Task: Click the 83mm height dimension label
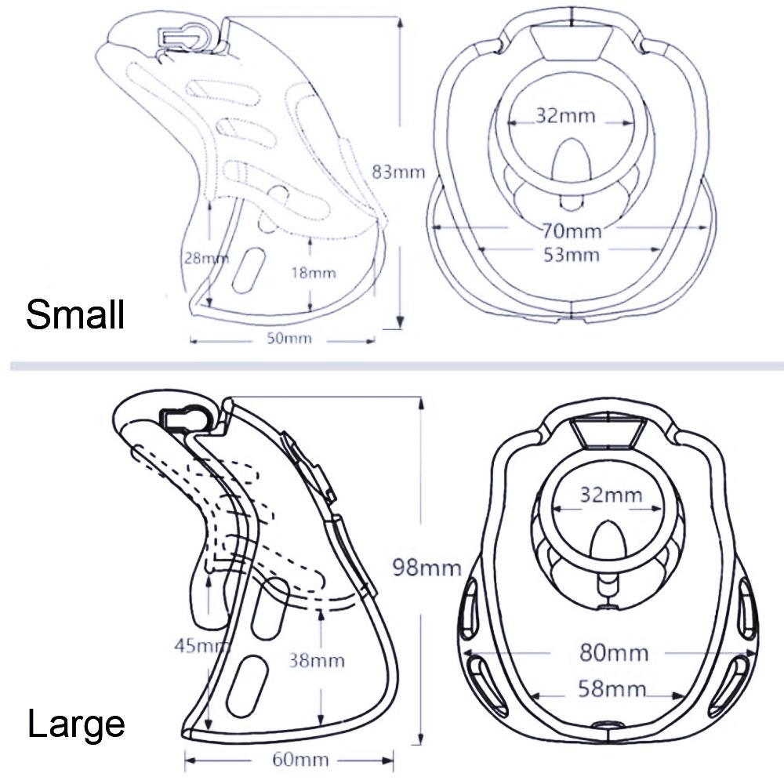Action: point(398,172)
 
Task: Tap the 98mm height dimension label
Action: point(426,568)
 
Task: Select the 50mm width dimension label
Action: point(289,339)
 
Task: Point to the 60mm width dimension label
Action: point(300,760)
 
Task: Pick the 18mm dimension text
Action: point(314,273)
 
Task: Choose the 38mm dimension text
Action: point(317,661)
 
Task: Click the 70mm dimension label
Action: point(572,231)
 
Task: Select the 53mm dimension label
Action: point(572,255)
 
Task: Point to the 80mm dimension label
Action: point(614,652)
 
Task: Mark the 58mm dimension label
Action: point(612,689)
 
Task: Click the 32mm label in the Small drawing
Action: point(566,116)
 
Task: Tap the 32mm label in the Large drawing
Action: point(611,495)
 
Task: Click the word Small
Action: point(75,314)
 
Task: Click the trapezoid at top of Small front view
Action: point(572,43)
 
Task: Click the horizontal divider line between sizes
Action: point(397,366)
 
